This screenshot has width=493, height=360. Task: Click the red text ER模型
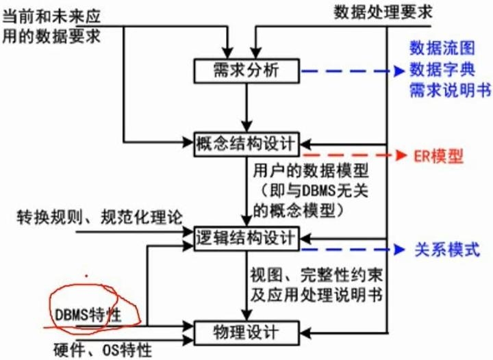(438, 157)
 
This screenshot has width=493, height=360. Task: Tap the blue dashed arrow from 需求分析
(349, 71)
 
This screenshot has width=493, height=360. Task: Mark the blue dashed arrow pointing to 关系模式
(349, 248)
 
